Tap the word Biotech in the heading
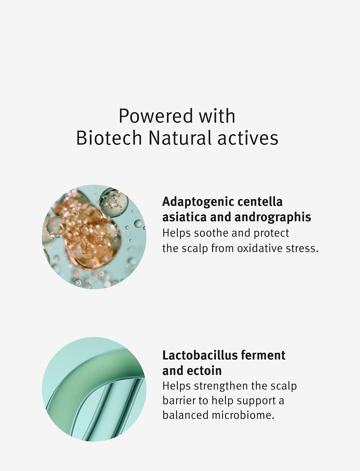click(x=109, y=138)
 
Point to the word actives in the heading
click(x=248, y=138)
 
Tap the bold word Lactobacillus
click(x=200, y=355)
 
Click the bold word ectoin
click(x=204, y=371)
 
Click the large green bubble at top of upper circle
click(x=114, y=202)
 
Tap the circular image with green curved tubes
click(x=94, y=389)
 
